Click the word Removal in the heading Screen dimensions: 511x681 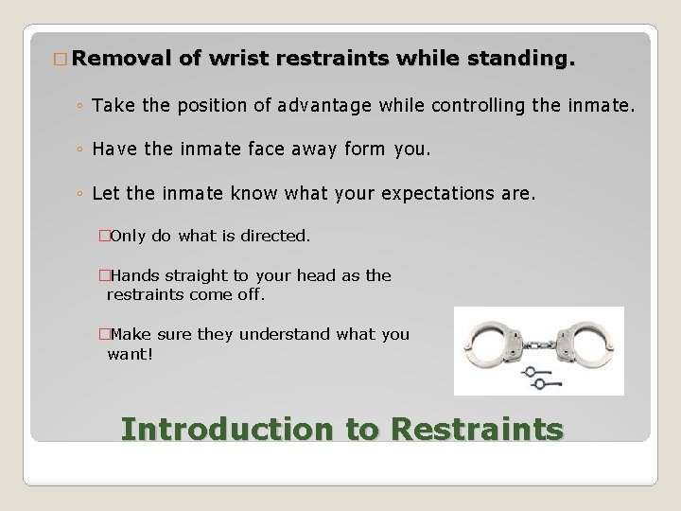click(120, 59)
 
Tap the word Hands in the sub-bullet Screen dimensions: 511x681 click(136, 275)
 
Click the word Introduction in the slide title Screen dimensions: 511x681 click(227, 429)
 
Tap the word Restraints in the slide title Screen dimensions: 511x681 click(476, 429)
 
